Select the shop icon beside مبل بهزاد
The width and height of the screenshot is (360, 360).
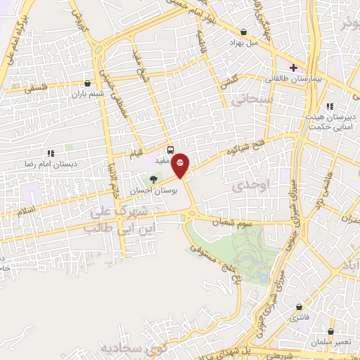243,32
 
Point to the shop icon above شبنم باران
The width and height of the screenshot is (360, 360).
86,82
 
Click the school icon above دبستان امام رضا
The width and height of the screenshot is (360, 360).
50,153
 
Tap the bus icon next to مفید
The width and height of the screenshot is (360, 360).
169,149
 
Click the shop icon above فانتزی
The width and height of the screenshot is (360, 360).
301,307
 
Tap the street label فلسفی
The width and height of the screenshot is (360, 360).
37,89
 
